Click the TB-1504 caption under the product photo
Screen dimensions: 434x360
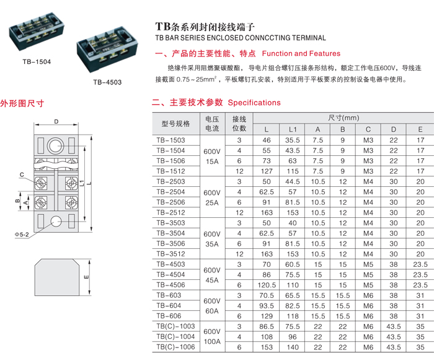pos(37,62)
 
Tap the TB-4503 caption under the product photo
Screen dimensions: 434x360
pos(107,83)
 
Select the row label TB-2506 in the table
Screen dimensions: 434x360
pos(170,202)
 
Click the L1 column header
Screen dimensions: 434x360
pos(292,130)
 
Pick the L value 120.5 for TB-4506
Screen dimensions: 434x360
pos(267,285)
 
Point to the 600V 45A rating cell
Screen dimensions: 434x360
pos(212,275)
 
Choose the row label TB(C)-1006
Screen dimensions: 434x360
pos(175,347)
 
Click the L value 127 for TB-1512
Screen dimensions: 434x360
pos(267,171)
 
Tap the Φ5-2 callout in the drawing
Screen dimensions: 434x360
pos(22,235)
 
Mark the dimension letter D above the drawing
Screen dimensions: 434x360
pos(56,122)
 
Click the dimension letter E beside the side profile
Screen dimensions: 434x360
pos(86,277)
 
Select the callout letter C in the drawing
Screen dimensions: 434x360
pos(22,174)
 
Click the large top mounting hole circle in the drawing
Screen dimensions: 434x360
pos(55,145)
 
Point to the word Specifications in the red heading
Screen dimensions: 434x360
pos(254,103)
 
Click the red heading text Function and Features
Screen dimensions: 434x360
pos(301,53)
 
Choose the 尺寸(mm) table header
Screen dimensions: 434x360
pos(343,118)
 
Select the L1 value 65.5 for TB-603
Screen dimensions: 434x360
pos(292,295)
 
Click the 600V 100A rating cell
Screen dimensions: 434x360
pos(212,336)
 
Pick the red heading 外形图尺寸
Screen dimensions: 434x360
pos(22,104)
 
